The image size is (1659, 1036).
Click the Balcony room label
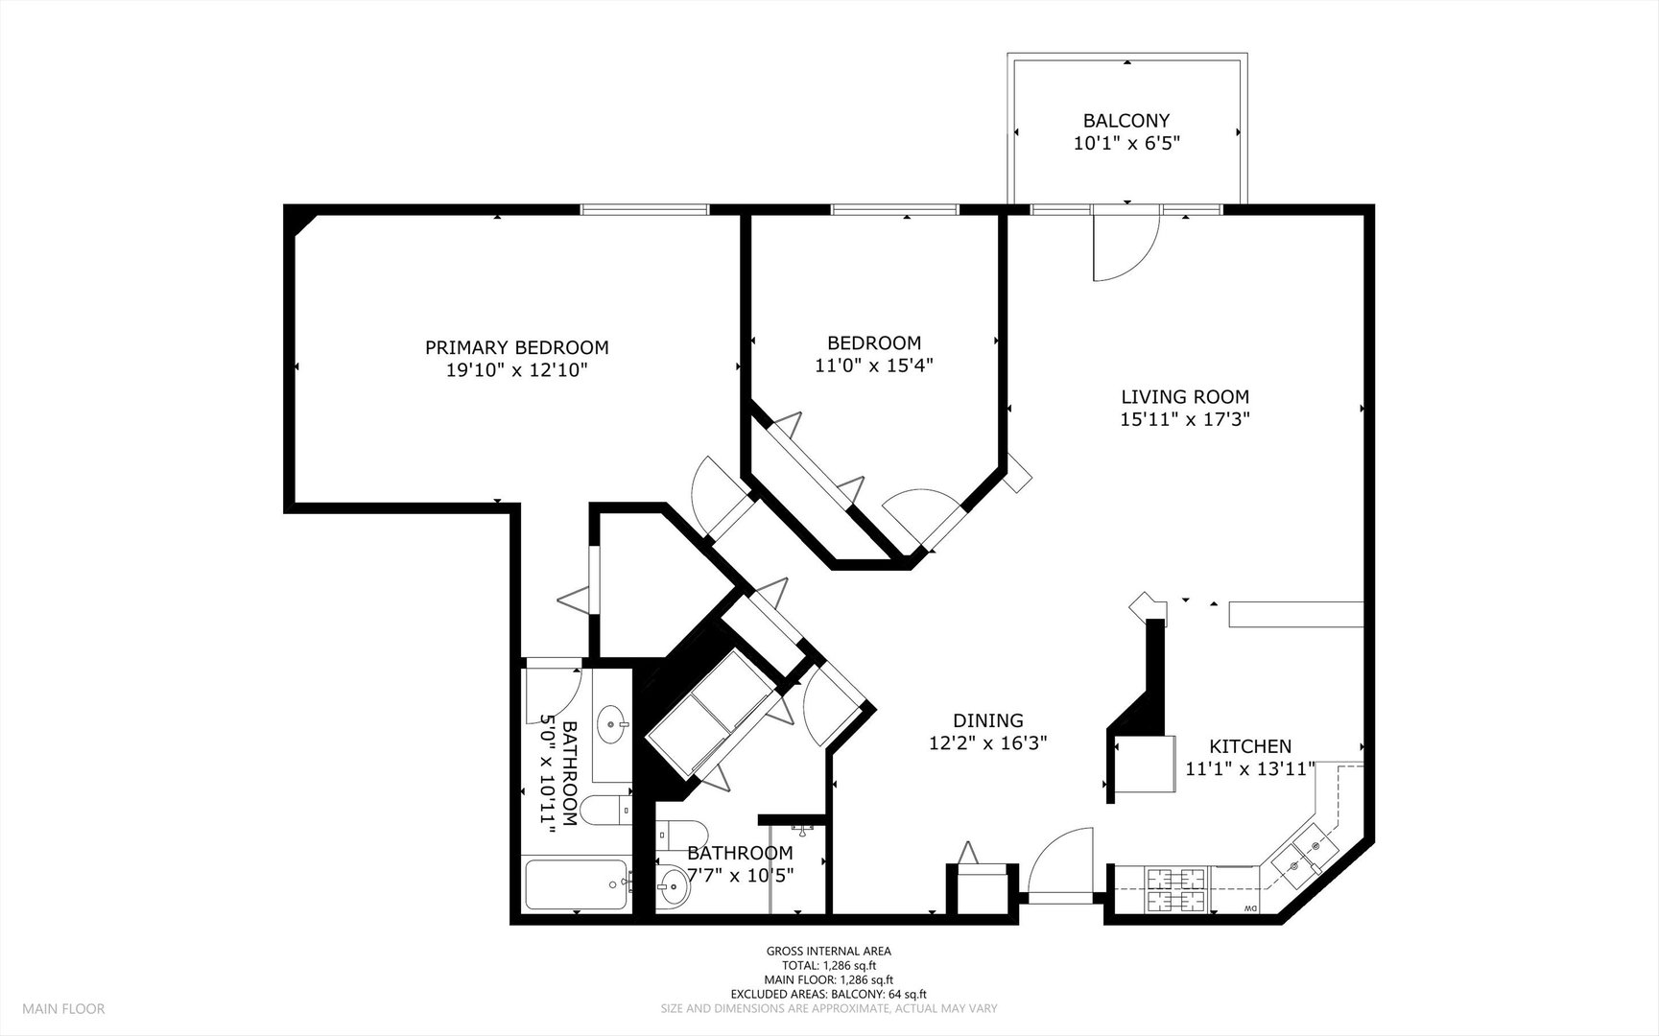(1126, 121)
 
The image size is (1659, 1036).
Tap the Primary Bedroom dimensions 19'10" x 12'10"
(516, 370)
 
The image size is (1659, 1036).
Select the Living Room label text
(1185, 396)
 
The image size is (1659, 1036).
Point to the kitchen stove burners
(1176, 888)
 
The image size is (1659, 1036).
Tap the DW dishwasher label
(1249, 908)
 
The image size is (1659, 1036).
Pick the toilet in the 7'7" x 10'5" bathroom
(683, 832)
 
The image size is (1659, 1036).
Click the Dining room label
(987, 720)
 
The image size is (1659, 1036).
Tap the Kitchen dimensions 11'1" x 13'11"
(1249, 768)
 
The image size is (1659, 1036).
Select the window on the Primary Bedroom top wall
(645, 209)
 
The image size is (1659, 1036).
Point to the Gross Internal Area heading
(828, 952)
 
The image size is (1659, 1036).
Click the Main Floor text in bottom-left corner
(63, 1008)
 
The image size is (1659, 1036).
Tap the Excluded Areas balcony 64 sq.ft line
(828, 995)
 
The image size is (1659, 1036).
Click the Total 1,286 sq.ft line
(828, 966)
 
